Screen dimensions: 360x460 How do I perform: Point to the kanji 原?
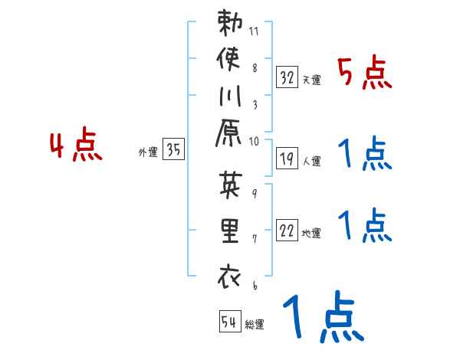230,136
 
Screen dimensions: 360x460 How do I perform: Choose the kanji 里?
230,233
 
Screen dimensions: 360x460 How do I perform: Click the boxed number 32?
287,77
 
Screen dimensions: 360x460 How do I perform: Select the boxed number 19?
287,159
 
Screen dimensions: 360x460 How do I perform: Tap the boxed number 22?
287,231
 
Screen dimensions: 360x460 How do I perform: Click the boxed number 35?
174,151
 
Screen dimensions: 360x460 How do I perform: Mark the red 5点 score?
365,74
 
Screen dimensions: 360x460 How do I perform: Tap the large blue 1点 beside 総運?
321,319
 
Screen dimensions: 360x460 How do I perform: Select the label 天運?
311,80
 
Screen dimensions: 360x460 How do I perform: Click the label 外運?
147,152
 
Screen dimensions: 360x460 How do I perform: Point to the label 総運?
255,325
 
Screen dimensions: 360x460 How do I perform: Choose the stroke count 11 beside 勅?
254,32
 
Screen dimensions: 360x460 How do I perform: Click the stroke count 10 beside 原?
254,141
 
